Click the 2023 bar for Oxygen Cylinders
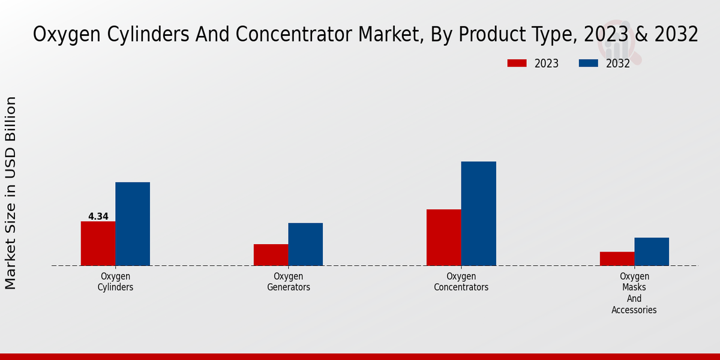point(98,243)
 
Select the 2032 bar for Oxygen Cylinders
point(133,223)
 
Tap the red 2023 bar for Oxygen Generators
point(271,254)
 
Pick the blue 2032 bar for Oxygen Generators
point(305,244)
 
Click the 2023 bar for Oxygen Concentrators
point(443,237)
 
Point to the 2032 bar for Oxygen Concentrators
point(478,213)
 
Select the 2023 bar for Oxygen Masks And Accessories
point(617,258)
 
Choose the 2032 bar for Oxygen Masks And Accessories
point(652,251)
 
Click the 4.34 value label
point(98,217)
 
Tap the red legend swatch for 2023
point(517,63)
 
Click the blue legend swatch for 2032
point(589,63)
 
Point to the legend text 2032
point(618,64)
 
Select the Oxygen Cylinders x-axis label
point(115,281)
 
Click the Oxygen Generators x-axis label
point(288,281)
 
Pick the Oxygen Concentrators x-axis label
point(461,281)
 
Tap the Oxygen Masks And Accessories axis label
point(634,293)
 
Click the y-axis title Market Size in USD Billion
point(11,193)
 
